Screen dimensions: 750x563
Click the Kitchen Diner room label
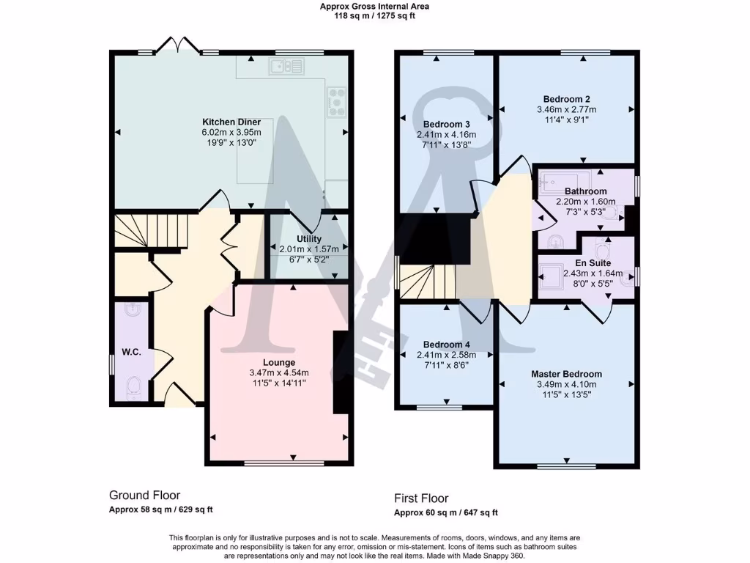coord(231,122)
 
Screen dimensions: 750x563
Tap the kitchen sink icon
coord(286,66)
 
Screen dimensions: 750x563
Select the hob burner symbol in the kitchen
coord(336,101)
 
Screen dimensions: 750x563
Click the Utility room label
coord(309,238)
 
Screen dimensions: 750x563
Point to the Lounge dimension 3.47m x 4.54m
coord(279,372)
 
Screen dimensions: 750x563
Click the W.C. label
coord(131,352)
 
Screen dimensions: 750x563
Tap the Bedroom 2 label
coord(566,99)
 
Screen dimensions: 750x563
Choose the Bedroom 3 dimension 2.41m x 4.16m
coord(446,135)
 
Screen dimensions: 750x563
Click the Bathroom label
coord(585,191)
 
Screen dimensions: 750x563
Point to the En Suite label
coord(593,263)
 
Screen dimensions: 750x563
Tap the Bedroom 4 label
coord(446,345)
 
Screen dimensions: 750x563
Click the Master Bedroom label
coord(566,374)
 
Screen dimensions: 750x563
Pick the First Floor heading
coord(421,498)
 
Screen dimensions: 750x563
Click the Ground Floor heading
coord(144,495)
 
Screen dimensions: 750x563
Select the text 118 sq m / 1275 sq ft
coord(374,16)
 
